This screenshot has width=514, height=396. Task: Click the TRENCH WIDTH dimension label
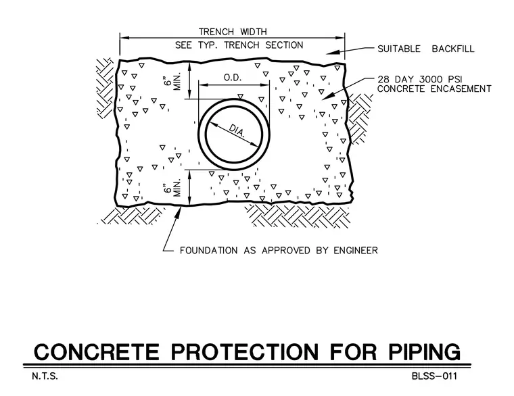233,32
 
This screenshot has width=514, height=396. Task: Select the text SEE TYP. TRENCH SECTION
239,45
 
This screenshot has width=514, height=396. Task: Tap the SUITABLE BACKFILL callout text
426,49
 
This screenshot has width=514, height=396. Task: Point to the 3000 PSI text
441,80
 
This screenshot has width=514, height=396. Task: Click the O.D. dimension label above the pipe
233,78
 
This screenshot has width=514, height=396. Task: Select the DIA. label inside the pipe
237,130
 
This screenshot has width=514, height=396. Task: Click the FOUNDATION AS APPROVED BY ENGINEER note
279,251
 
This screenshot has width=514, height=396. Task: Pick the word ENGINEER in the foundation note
356,251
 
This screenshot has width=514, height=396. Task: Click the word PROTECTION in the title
245,352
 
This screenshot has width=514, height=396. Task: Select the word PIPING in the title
425,352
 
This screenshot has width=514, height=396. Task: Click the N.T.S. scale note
45,376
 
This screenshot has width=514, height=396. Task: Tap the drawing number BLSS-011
434,376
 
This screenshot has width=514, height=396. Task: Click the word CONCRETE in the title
97,352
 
